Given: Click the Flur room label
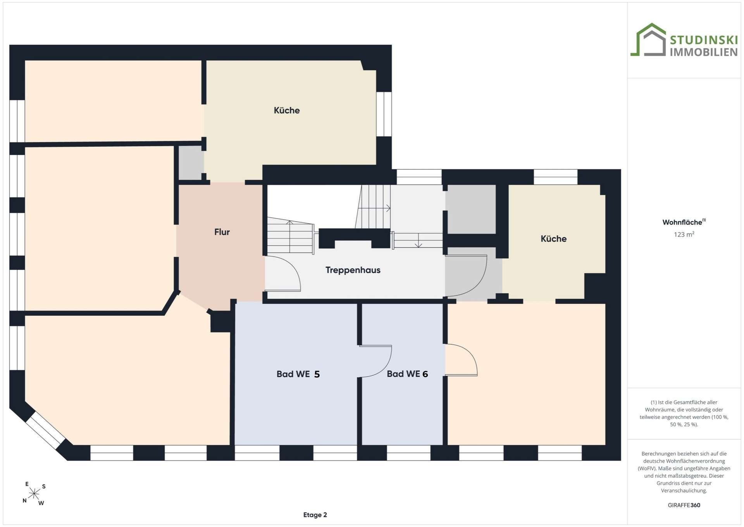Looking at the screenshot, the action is (222, 232).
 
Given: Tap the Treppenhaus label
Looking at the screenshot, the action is (353, 270).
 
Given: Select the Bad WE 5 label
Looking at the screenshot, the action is (298, 374).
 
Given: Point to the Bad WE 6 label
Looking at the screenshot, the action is (407, 374).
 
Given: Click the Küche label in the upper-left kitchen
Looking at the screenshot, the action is (287, 111).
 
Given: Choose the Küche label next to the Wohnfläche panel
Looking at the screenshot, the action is (553, 239).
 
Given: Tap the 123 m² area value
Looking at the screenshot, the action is (684, 234).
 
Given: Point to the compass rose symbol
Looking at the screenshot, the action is (34, 494).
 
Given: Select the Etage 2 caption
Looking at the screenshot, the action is (315, 515).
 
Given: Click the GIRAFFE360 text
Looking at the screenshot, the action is (684, 505).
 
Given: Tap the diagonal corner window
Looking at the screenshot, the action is (45, 430).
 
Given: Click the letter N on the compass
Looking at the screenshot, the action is (24, 501).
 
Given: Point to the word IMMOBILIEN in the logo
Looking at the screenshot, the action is (704, 52).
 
